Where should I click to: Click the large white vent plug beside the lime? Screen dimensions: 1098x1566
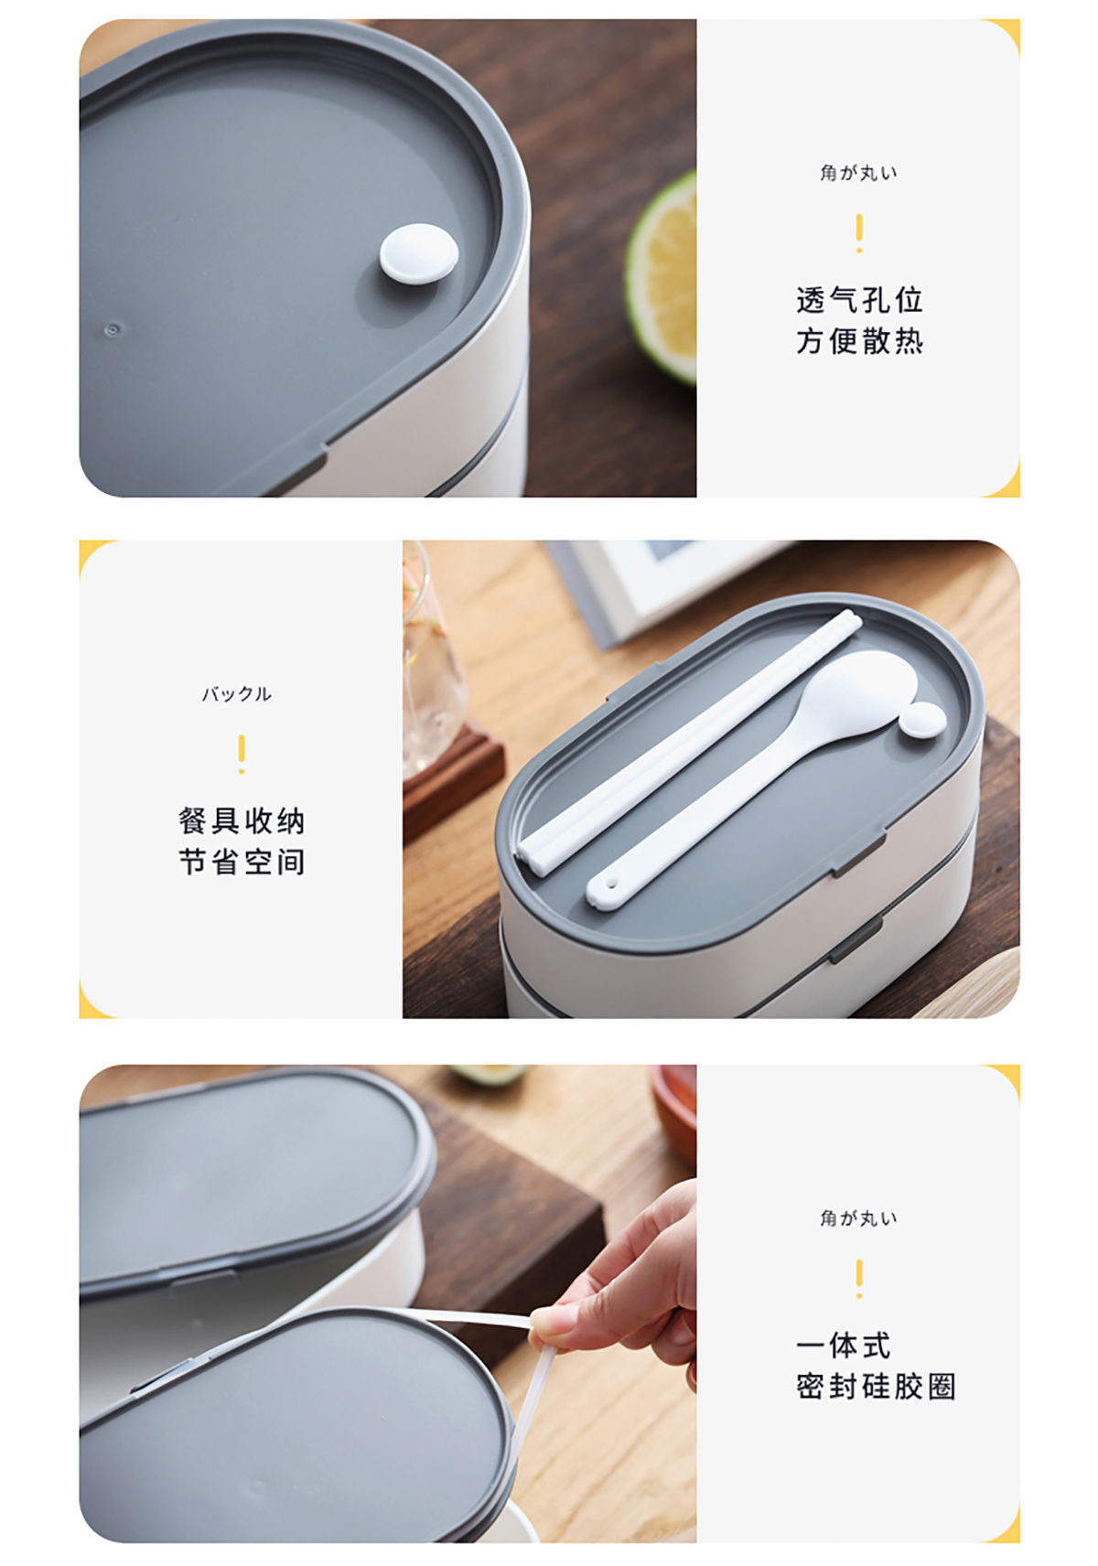click(419, 254)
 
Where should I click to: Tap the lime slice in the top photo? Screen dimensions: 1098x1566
click(661, 280)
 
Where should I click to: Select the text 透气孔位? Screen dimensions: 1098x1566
click(859, 301)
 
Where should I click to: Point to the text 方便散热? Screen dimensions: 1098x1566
click(859, 342)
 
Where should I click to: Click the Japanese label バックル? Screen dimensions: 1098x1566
click(236, 694)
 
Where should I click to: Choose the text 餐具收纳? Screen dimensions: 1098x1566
click(242, 821)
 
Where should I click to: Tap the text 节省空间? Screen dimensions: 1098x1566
click(242, 862)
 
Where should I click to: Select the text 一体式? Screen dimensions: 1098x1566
click(843, 1346)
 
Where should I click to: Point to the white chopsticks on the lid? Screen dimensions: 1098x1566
click(689, 743)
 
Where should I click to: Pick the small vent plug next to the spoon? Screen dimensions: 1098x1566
click(922, 720)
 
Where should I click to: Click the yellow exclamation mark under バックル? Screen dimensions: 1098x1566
click(242, 754)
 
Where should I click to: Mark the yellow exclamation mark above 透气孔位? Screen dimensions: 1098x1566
click(859, 233)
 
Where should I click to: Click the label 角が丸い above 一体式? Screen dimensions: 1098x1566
click(859, 1217)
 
